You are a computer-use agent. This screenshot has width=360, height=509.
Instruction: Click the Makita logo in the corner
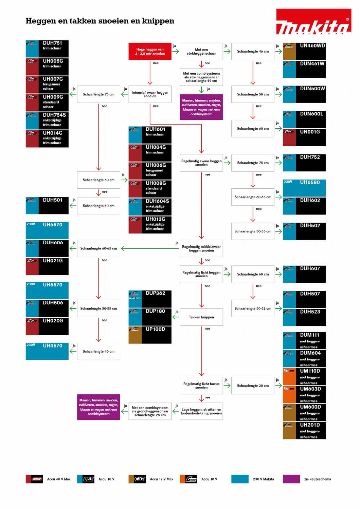coord(313,22)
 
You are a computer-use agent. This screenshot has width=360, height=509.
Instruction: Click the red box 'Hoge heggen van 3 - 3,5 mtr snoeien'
coord(150,52)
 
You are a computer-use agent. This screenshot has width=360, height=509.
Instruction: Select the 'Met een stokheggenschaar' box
coord(201,52)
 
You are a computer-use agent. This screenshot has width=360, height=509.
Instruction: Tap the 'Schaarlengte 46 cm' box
coord(253,52)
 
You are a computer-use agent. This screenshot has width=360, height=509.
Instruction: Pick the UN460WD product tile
coord(304,51)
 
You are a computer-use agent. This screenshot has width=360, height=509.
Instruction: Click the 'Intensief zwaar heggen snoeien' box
coord(150,94)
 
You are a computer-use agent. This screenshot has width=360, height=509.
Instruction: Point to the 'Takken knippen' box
coord(201,317)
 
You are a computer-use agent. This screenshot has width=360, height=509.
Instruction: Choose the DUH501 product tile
coord(47,206)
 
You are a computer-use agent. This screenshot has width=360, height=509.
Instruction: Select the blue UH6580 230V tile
coord(304,188)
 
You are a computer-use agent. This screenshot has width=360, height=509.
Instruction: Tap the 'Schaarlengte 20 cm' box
coord(253,386)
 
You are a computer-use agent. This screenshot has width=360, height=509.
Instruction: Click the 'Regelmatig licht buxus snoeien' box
coord(201,386)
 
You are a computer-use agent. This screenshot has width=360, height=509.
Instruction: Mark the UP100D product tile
coord(150,335)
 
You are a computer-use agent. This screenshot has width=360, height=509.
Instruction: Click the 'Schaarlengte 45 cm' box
coord(98,352)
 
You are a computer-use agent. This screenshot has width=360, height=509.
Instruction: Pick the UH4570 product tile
coord(47,351)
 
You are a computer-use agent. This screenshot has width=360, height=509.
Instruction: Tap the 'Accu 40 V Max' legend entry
coord(48,479)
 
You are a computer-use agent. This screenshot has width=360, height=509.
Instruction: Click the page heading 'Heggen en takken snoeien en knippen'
coord(100,21)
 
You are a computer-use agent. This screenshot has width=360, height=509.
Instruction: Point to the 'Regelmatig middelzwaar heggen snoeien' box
coord(201,249)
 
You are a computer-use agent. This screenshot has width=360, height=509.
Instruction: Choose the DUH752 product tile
coord(304,163)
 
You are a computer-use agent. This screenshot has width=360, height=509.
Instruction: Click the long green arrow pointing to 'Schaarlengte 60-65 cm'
coord(150,249)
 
